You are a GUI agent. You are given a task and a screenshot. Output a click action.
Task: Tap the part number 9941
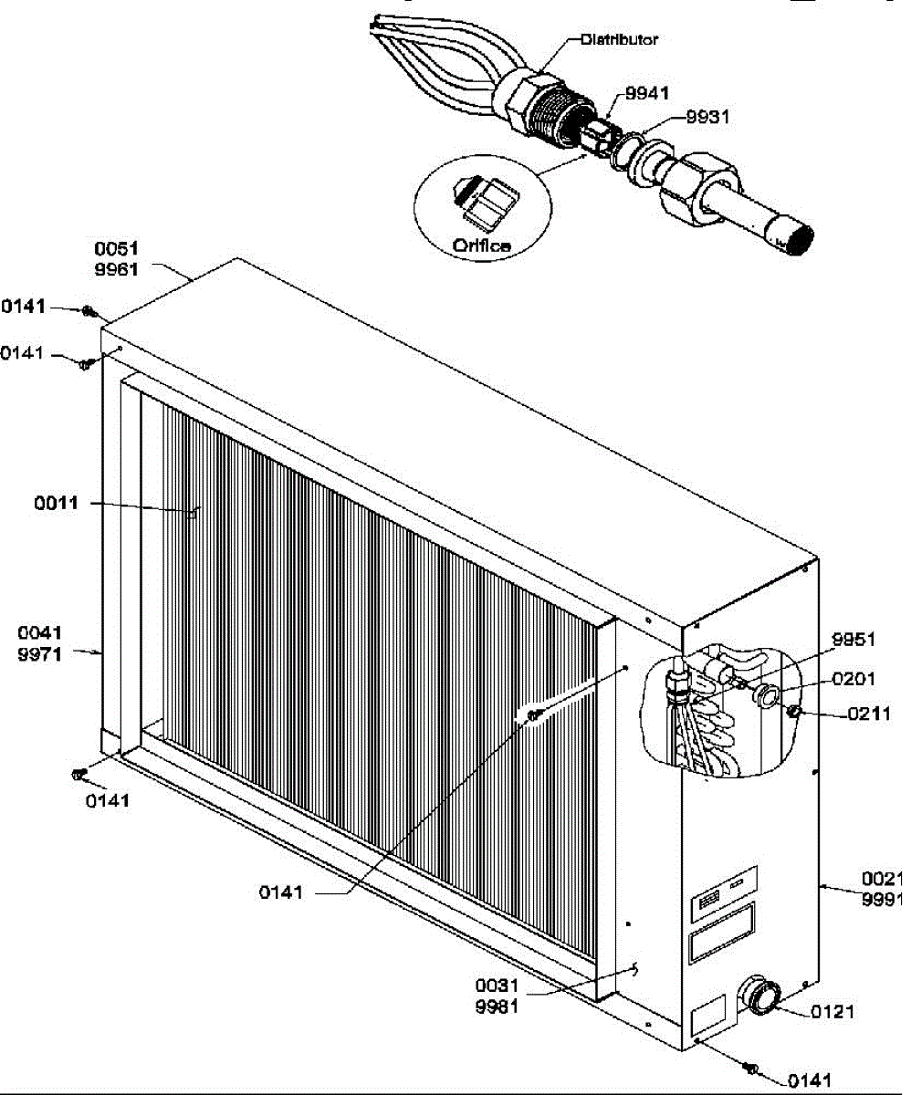tap(647, 92)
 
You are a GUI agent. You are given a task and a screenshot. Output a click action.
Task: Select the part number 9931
tap(707, 117)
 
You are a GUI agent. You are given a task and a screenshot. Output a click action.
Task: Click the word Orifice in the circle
tap(480, 245)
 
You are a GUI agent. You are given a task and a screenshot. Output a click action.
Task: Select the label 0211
tap(868, 714)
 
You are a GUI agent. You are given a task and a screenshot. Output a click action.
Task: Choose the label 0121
tap(833, 1011)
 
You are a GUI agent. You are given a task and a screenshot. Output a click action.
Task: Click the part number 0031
tap(497, 986)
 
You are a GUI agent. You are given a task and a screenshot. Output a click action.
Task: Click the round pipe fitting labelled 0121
tap(759, 995)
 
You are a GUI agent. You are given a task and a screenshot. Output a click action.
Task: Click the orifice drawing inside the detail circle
tap(483, 202)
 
